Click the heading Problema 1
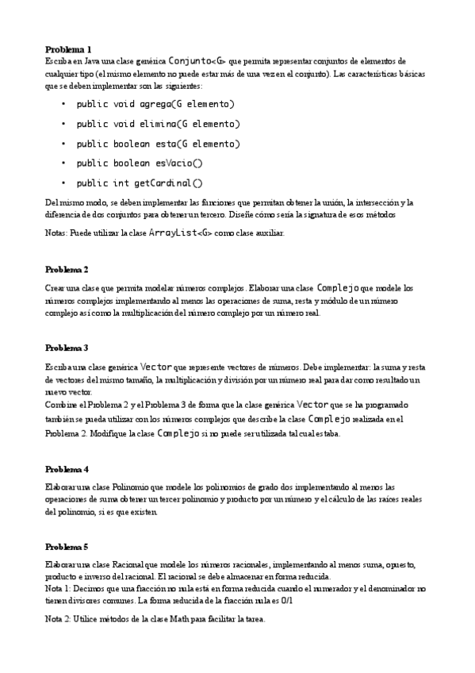click(x=68, y=49)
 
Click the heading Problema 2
click(x=67, y=270)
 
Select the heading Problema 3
click(x=67, y=348)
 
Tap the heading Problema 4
click(x=67, y=470)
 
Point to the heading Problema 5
click(x=67, y=547)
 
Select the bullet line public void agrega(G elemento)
click(x=155, y=104)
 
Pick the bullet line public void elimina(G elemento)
click(x=158, y=124)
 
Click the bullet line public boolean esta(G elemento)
click(x=158, y=144)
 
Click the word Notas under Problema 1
click(x=58, y=234)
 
